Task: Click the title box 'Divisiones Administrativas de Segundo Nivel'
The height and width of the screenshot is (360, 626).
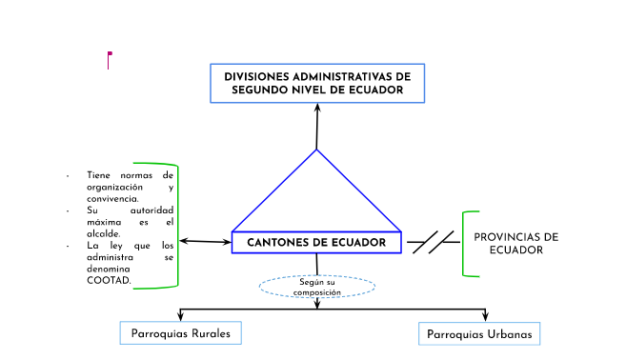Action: pos(316,83)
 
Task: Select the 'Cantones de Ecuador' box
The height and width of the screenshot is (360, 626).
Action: pos(316,243)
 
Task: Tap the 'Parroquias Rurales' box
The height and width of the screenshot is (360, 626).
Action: pos(180,333)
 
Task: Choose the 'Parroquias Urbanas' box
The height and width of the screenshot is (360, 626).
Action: pos(479,334)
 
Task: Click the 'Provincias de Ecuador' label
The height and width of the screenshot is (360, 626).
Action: pos(515,243)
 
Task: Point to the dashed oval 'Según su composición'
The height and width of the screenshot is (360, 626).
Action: pos(317,286)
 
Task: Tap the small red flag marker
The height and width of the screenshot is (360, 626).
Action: pos(110,55)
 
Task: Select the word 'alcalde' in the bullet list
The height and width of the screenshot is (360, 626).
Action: pos(103,232)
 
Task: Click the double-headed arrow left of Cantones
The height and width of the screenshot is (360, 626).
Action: pos(204,242)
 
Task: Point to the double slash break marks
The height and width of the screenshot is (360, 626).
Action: pos(434,242)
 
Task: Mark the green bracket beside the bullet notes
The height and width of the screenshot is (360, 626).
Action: pos(176,226)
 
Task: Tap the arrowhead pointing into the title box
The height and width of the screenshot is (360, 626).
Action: pos(316,108)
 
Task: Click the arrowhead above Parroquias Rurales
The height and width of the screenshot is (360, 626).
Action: pos(181,316)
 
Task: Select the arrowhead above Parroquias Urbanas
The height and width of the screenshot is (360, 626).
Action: pos(486,316)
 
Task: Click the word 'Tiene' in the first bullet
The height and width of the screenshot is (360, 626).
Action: pos(98,175)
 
